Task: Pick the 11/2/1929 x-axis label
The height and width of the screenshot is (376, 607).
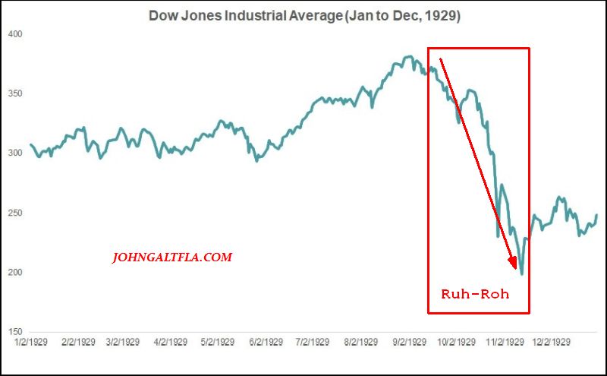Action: coord(505,343)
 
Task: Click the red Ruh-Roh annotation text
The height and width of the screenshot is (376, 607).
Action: coord(475,293)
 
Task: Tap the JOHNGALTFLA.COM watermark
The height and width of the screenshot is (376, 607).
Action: coord(171,258)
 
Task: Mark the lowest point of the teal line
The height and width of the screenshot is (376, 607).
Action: coord(522,274)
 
